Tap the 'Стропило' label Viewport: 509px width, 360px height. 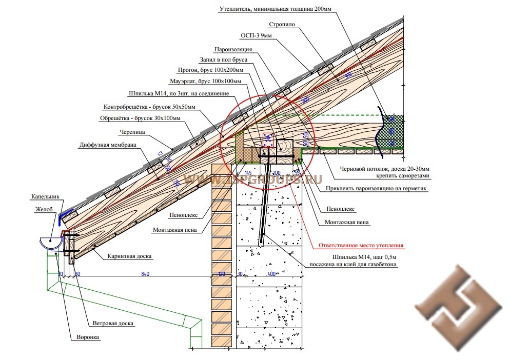[280, 24]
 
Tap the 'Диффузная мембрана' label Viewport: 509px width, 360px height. [108, 145]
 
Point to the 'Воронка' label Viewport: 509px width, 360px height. [85, 337]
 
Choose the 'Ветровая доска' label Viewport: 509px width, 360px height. [113, 324]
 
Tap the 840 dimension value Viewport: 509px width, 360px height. [145, 275]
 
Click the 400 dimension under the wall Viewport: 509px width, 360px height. [271, 275]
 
